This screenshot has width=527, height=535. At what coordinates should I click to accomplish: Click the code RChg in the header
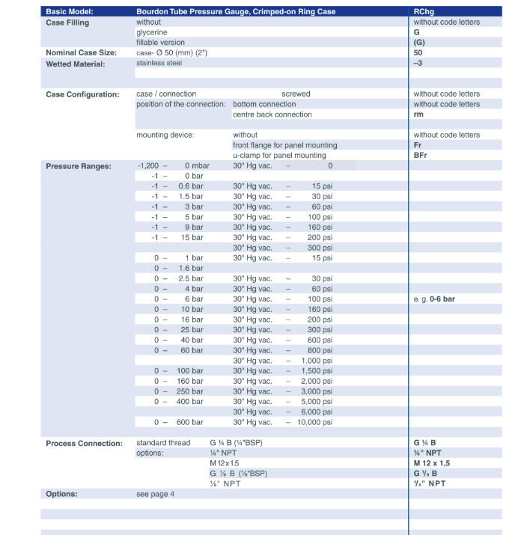pos(424,12)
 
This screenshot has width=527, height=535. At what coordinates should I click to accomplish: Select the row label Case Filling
pos(67,22)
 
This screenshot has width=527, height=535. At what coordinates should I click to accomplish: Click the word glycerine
pos(152,33)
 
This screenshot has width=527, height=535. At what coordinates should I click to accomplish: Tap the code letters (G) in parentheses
pos(419,43)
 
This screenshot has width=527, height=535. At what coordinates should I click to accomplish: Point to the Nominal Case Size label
pos(82,53)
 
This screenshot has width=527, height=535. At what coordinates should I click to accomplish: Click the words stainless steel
pos(159,64)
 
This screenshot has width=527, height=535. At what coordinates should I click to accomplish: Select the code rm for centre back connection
pos(418,114)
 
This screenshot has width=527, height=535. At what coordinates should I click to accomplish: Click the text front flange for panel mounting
pos(285,145)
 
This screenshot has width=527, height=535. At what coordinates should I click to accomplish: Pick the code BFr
pos(421,156)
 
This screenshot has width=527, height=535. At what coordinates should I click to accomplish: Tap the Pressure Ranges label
pos(79,166)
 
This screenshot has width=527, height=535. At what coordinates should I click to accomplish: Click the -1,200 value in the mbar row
pos(149,166)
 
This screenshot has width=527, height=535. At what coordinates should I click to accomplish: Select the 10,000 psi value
pos(315,422)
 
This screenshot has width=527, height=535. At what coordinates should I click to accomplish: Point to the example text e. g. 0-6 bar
pos(434,299)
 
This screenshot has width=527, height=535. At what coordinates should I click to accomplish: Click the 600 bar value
pos(190,422)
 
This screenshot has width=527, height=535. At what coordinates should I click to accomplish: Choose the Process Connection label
pos(84,443)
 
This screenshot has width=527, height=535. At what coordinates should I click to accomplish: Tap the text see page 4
pos(155,494)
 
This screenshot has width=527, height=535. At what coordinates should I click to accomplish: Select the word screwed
pos(296,94)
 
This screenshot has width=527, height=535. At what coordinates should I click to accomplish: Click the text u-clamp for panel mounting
pos(279,156)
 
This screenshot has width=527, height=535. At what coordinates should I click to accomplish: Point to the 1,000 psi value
pos(317,361)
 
